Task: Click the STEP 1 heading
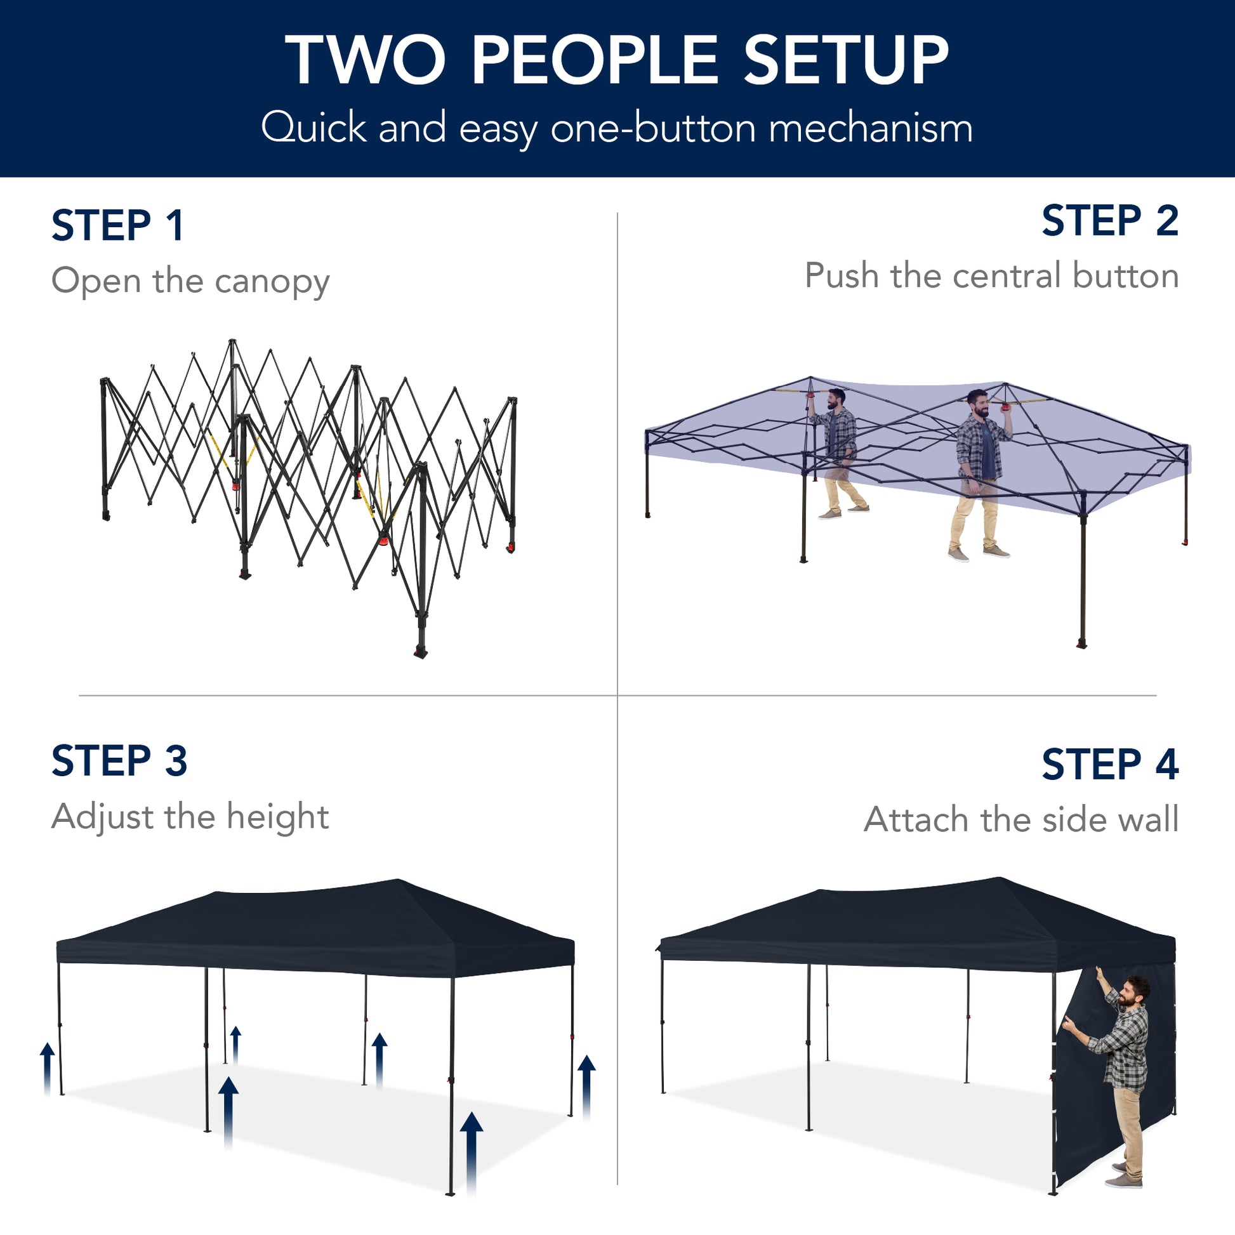pos(118,226)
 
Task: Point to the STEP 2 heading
pos(1110,221)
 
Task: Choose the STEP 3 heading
pos(119,761)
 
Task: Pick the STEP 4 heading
pos(1110,764)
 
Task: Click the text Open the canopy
pos(190,281)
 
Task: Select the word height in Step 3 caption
pos(277,816)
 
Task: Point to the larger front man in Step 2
pos(978,473)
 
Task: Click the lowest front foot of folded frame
pos(421,651)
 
